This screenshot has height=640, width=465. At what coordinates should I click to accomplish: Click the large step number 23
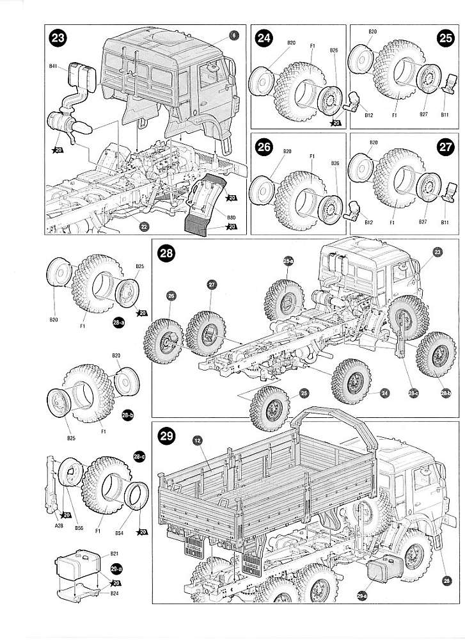click(59, 38)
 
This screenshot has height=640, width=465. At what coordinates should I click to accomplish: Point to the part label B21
click(115, 553)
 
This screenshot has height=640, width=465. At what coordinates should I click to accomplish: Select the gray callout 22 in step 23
click(145, 225)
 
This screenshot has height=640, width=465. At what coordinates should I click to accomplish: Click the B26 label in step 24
click(334, 51)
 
